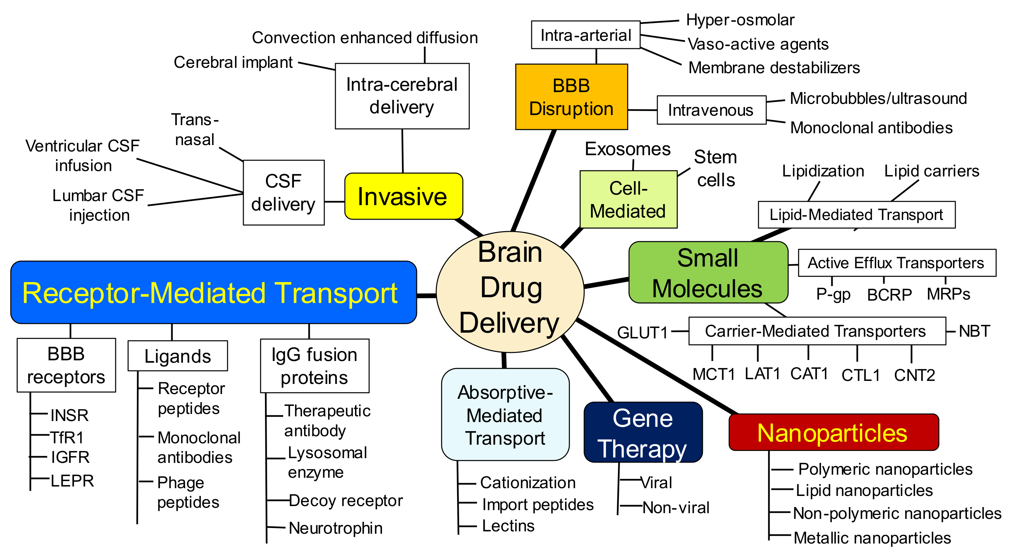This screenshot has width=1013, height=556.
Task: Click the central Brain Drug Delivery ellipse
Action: point(510,291)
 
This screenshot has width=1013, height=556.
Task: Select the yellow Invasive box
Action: point(403,196)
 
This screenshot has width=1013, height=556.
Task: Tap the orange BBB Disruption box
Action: point(571,97)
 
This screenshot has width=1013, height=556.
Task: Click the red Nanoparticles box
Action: point(833,432)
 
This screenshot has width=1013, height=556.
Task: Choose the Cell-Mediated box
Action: point(628,199)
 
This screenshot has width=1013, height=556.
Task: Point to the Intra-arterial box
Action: point(585,35)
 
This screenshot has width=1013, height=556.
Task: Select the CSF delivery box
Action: point(283,192)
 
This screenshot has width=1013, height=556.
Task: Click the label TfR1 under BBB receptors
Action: point(67,437)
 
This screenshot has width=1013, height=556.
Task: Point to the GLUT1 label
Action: point(642,333)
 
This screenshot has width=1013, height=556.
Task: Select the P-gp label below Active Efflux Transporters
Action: point(833,294)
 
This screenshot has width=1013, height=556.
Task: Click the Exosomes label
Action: point(627,149)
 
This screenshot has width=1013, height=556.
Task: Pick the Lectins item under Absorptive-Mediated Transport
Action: point(508,526)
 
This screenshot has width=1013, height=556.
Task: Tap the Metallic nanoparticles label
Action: point(872,537)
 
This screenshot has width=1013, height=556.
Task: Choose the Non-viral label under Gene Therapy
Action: point(676,508)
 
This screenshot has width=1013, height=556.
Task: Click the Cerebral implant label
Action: point(233,62)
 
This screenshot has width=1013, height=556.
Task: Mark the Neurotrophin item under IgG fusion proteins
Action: point(335,528)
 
